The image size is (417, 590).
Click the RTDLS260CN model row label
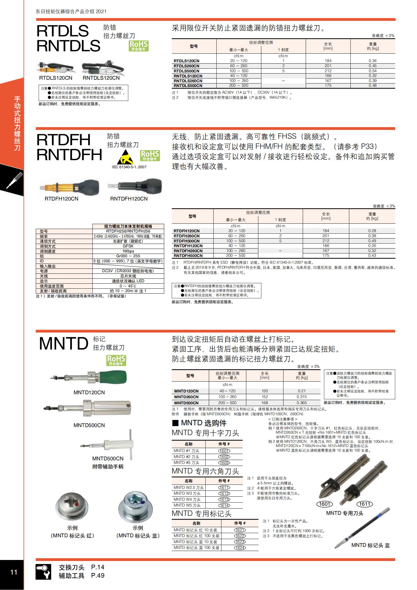(x=186, y=66)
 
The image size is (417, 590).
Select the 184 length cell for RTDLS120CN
(x=328, y=61)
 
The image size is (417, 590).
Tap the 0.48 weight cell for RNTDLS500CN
(x=372, y=86)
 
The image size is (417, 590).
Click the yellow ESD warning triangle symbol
(x=125, y=157)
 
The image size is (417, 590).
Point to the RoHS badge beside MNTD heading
(x=116, y=360)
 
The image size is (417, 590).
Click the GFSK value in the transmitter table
(x=128, y=246)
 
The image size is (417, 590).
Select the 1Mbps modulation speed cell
(x=128, y=251)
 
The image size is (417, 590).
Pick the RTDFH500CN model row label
(x=186, y=241)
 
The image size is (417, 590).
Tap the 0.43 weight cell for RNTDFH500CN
(x=372, y=256)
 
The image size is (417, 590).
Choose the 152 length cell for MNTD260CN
(x=264, y=397)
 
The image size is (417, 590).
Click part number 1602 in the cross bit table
(x=224, y=457)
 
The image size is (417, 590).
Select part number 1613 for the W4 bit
(x=224, y=499)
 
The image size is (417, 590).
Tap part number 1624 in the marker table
(x=240, y=548)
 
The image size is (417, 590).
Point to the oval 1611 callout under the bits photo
(x=365, y=504)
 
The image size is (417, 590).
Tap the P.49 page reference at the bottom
(x=98, y=576)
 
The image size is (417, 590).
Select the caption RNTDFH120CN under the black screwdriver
(x=129, y=199)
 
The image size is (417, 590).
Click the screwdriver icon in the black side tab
(x=14, y=180)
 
